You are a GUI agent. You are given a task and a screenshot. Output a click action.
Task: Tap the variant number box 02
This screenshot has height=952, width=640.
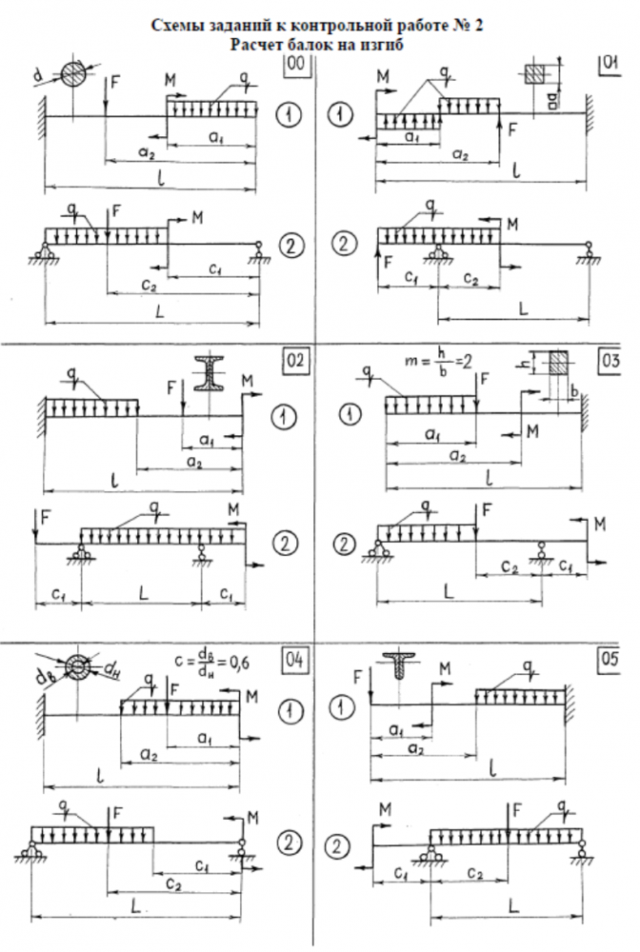point(294,360)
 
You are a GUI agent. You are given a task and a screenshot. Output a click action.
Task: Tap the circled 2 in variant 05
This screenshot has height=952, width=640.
point(337,846)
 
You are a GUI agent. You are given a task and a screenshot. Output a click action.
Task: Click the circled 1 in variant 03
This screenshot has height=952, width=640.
point(351,412)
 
